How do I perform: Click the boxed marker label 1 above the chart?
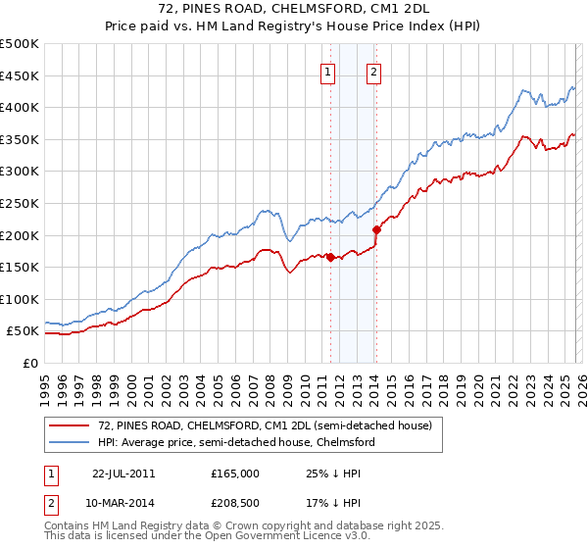[327, 71]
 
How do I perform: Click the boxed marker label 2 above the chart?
[374, 71]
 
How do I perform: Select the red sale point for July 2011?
[330, 258]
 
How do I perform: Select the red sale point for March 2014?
[376, 229]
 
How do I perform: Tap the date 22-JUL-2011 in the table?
[122, 473]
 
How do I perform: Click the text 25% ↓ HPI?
[328, 473]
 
